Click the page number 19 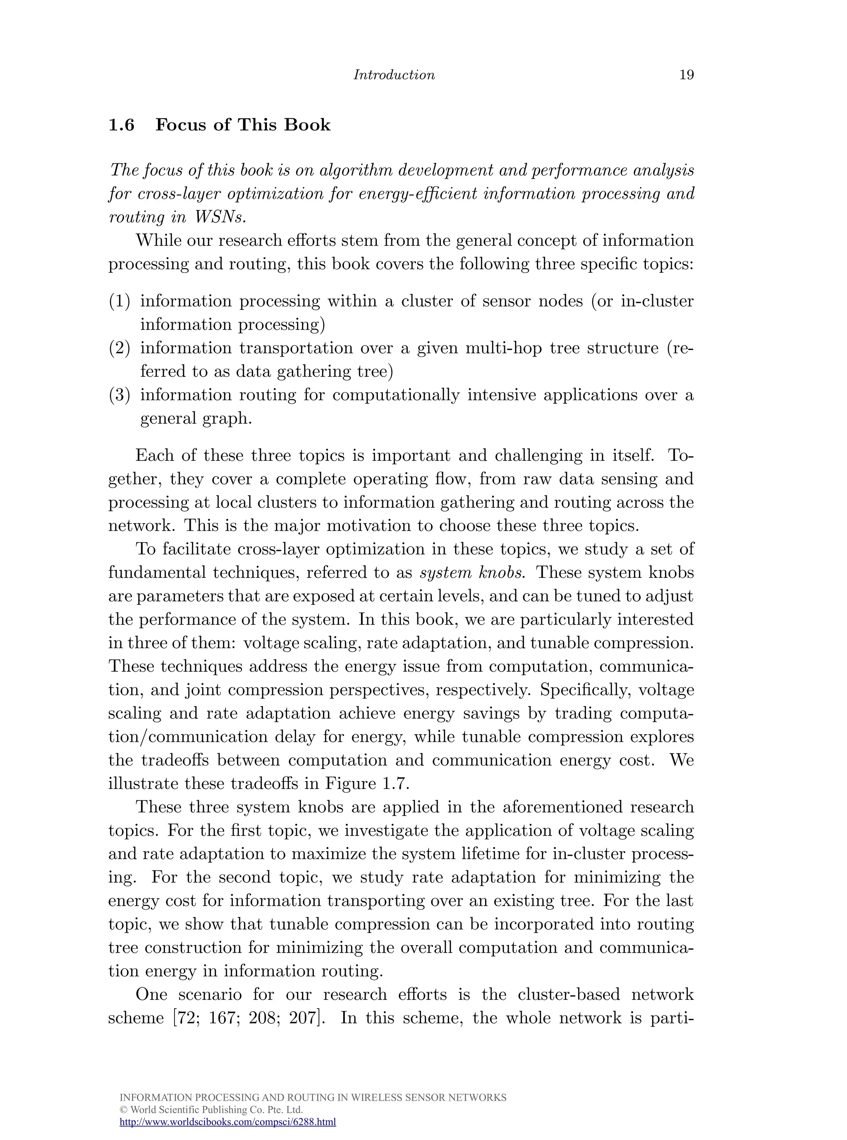[x=686, y=75]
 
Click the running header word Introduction [x=394, y=75]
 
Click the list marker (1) [x=119, y=301]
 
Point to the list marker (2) [x=119, y=348]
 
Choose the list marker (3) [x=119, y=395]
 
